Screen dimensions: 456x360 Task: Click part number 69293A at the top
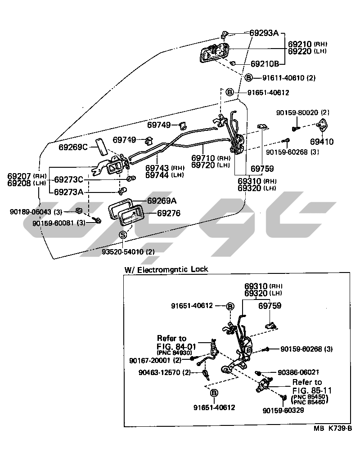[265, 33]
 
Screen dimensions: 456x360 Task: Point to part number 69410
[324, 142]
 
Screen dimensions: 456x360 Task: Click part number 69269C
[73, 147]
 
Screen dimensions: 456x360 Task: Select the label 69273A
[69, 192]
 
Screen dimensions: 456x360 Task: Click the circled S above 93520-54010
[123, 234]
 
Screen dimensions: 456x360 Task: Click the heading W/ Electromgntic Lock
[166, 269]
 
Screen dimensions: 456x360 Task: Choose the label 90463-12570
[159, 372]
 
